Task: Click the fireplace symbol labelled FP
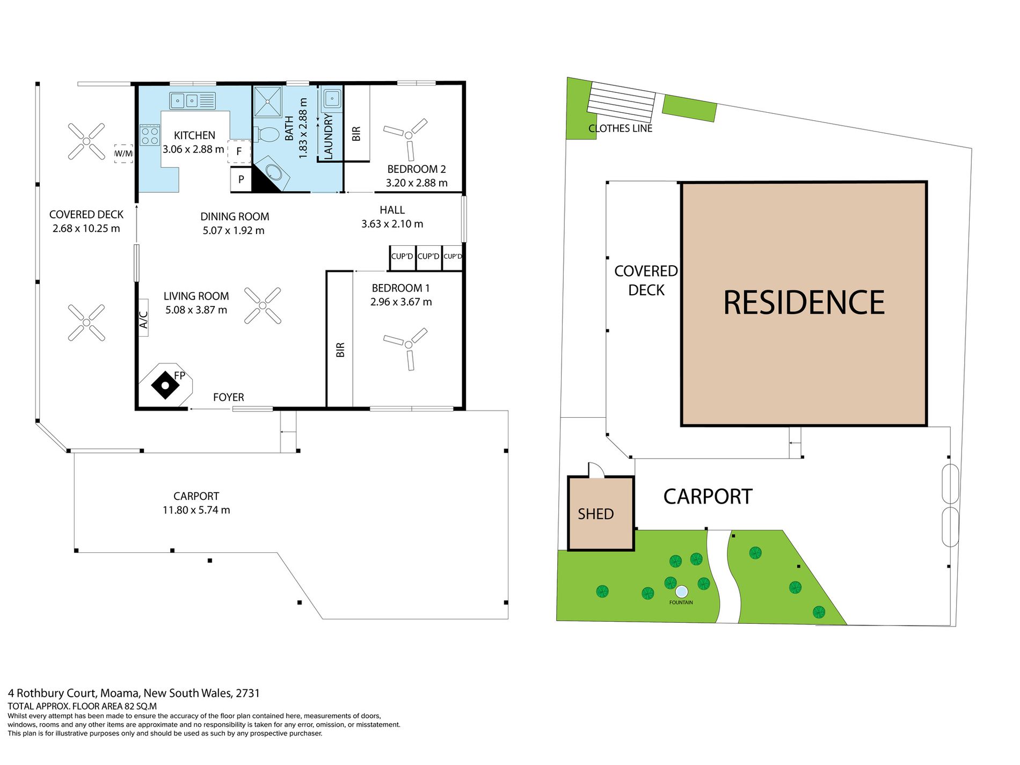point(165,385)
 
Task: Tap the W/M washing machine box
point(123,154)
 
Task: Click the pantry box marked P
point(241,179)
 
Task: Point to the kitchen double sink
point(192,100)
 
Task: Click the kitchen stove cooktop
point(150,135)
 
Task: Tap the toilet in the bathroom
point(266,134)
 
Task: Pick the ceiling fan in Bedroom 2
point(406,138)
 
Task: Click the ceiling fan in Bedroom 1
point(406,347)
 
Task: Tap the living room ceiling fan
point(263,305)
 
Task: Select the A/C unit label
point(143,318)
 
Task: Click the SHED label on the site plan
point(595,514)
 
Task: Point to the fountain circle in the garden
point(681,592)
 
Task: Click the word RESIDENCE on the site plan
point(804,303)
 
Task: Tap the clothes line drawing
point(621,102)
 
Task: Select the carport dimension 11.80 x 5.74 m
point(196,510)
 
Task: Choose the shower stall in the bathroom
point(267,102)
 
